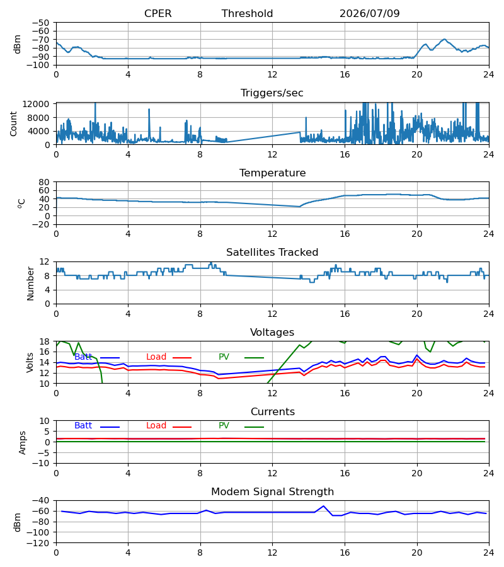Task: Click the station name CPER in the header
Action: [157, 13]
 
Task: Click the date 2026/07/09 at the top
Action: [370, 13]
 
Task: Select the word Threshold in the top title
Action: [248, 13]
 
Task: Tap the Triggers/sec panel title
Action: [272, 93]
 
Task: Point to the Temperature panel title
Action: [272, 173]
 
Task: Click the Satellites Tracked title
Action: [272, 253]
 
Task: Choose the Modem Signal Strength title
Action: [272, 492]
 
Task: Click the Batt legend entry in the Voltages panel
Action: [97, 357]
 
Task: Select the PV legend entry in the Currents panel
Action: [241, 426]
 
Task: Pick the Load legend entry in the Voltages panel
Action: [169, 357]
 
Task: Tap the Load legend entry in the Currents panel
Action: [169, 426]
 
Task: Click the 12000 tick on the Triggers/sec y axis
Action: [36, 104]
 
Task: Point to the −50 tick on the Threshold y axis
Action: [40, 23]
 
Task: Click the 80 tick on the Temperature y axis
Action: [44, 182]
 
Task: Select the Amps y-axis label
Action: [23, 442]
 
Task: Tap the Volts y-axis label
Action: [30, 363]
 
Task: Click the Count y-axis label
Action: [13, 123]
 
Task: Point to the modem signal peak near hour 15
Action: [324, 507]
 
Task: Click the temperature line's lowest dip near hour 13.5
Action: [300, 207]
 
